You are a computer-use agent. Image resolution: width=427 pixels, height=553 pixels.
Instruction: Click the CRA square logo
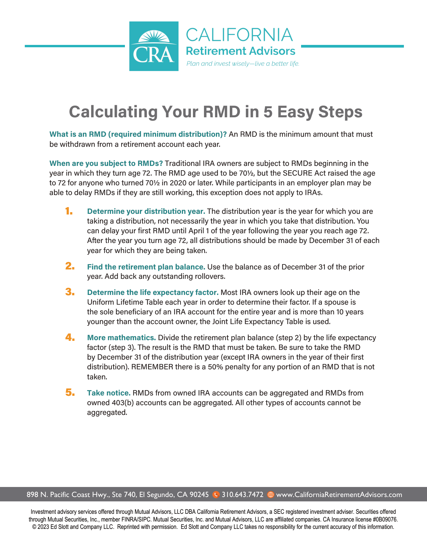click(x=154, y=46)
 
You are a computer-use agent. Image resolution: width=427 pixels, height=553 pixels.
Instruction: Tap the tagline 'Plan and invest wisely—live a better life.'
click(x=242, y=64)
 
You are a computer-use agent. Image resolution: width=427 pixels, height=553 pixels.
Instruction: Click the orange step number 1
click(x=69, y=211)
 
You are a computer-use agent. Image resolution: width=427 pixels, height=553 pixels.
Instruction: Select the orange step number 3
click(x=70, y=292)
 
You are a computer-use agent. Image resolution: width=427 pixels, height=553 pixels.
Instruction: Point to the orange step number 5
click(x=70, y=392)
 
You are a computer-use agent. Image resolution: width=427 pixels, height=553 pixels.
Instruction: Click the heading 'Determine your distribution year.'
click(x=146, y=211)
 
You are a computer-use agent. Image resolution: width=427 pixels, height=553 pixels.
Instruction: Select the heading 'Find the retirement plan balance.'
click(x=146, y=267)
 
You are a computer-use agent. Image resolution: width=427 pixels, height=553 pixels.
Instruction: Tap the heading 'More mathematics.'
click(x=121, y=337)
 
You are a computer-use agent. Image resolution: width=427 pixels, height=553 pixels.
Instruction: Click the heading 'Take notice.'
click(x=109, y=393)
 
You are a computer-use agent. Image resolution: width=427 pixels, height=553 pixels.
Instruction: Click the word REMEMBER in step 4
click(x=152, y=367)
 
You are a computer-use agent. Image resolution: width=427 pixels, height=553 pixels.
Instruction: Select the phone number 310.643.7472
click(x=242, y=495)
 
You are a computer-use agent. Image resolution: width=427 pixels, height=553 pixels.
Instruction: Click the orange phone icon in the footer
click(x=216, y=495)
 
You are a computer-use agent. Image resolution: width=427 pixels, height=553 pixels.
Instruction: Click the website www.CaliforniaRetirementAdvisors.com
click(x=339, y=495)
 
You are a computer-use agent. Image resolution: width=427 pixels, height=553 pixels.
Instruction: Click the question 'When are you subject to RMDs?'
click(x=106, y=164)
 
